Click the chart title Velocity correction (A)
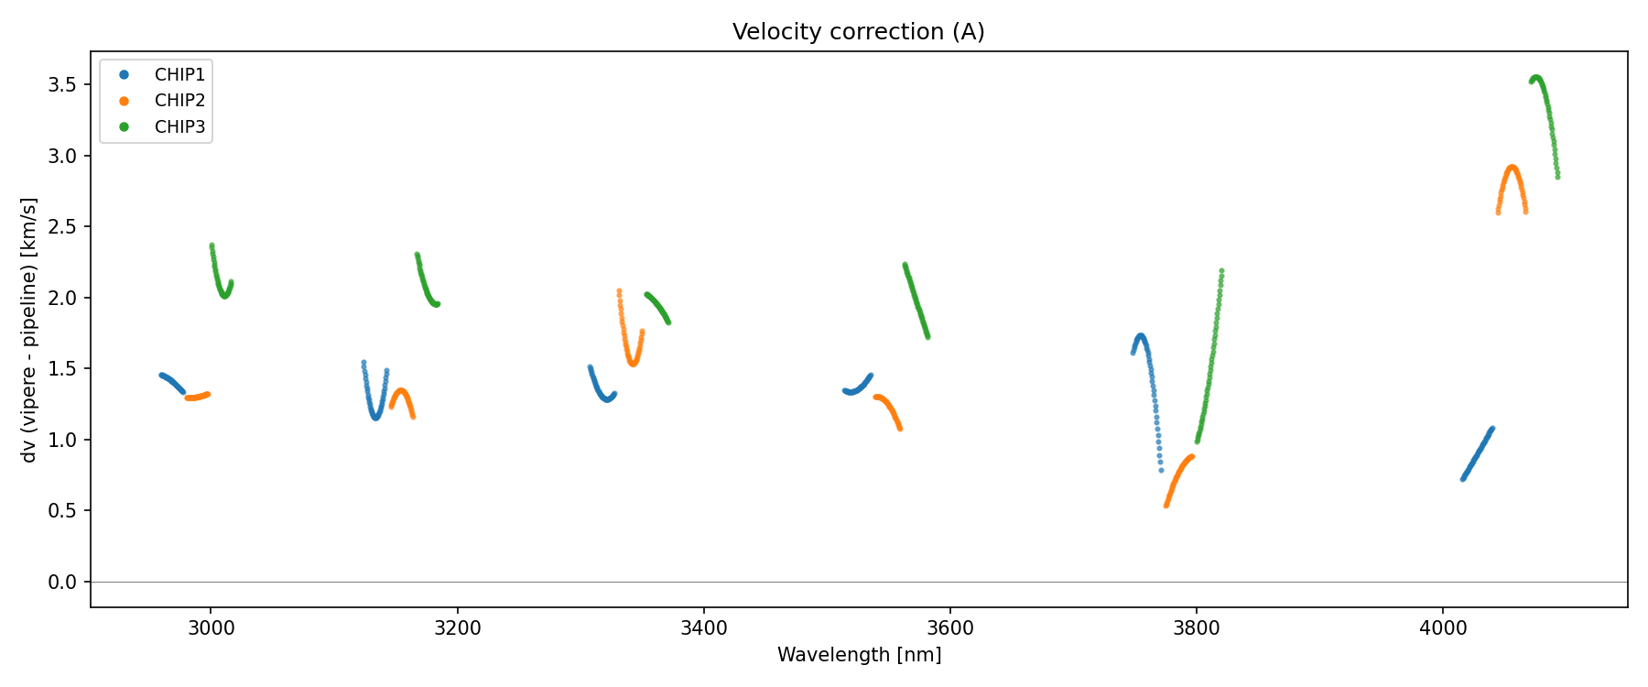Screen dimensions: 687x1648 tap(858, 32)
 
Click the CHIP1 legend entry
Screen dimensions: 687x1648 tap(179, 75)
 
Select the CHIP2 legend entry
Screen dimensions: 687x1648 tap(179, 101)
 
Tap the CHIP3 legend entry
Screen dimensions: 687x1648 tap(179, 127)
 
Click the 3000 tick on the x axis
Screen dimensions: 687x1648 tap(211, 628)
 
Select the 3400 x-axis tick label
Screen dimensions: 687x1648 tap(703, 628)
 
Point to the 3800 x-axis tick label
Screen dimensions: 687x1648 tap(1197, 628)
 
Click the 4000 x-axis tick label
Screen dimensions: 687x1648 tap(1443, 628)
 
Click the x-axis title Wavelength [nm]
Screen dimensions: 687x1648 tap(859, 655)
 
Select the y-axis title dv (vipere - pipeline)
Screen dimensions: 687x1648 tap(29, 330)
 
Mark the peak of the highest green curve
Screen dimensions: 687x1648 tap(1536, 78)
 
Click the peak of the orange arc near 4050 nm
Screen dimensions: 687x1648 tap(1512, 168)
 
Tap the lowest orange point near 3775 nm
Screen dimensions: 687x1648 tap(1166, 505)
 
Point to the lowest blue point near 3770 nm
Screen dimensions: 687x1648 tap(1161, 470)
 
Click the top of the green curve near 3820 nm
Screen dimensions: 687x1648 tap(1221, 271)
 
